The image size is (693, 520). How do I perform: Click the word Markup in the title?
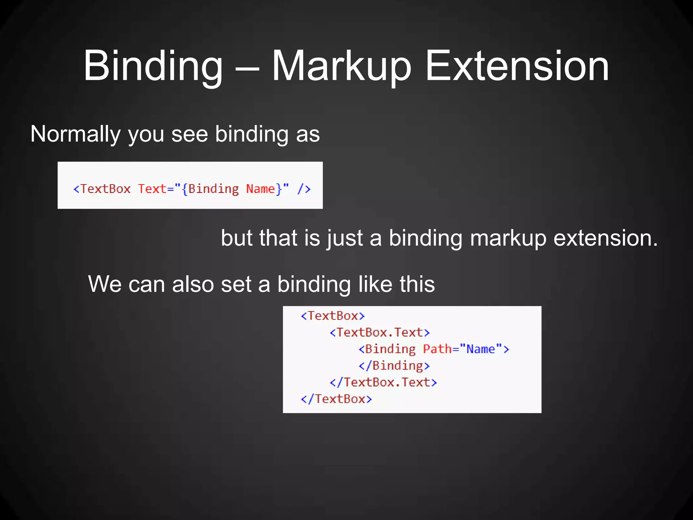341,66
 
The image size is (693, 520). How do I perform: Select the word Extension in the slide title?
517,66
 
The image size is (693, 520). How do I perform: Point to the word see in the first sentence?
189,134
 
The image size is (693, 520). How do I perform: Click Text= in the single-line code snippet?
156,189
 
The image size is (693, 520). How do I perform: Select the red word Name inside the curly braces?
261,189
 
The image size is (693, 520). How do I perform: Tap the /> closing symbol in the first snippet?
304,189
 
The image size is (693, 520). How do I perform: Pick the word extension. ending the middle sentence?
606,238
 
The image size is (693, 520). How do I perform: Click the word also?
193,284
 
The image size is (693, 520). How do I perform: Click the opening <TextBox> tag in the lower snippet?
333,316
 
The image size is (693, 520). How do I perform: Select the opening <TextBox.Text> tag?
380,332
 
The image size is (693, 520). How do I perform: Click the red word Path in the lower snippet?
437,349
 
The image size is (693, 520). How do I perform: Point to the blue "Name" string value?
481,349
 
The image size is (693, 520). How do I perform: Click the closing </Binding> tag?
394,366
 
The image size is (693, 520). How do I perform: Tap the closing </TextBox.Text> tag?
383,382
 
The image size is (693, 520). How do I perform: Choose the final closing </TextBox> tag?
336,399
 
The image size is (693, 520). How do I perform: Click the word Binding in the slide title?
153,66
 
